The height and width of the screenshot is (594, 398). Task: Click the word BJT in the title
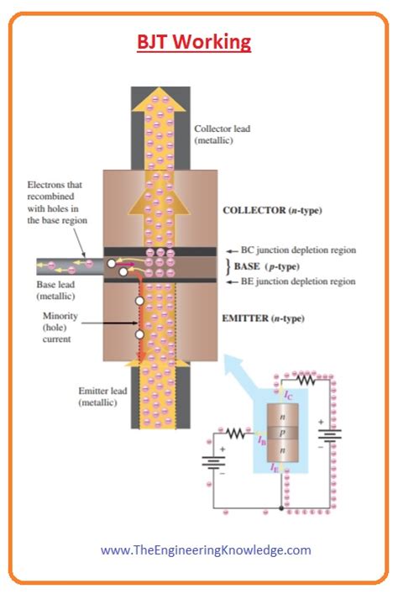click(157, 41)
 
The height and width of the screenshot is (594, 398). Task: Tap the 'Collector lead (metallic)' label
click(222, 135)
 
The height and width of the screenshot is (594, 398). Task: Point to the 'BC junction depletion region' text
click(298, 250)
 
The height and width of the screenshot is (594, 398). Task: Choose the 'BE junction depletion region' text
click(298, 281)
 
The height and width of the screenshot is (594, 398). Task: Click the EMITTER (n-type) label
click(263, 318)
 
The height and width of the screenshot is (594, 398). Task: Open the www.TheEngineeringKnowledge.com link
click(206, 550)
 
